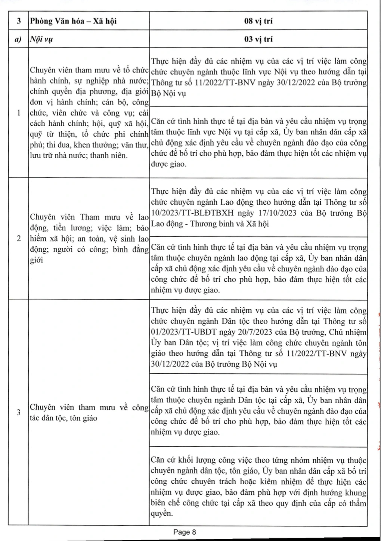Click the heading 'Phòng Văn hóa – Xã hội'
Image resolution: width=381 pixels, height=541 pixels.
pyautogui.click(x=73, y=21)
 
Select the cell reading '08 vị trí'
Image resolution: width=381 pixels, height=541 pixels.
pyautogui.click(x=258, y=21)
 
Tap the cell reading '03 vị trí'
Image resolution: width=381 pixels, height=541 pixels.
pyautogui.click(x=258, y=39)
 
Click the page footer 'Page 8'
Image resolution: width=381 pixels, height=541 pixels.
pyautogui.click(x=185, y=532)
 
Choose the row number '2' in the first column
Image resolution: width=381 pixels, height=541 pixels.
pyautogui.click(x=18, y=239)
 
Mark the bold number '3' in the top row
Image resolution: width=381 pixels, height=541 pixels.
pyautogui.click(x=18, y=21)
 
